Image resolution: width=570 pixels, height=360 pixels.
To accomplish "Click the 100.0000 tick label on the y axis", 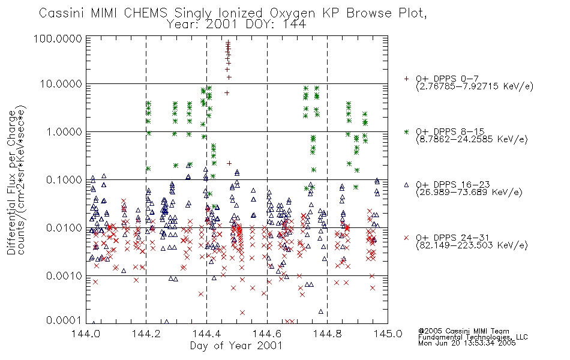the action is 58,38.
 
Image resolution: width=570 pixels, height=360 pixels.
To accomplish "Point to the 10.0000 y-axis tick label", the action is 61,84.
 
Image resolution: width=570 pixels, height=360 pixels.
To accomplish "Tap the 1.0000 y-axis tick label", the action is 64,131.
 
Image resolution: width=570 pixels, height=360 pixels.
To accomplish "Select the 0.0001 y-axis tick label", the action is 64,320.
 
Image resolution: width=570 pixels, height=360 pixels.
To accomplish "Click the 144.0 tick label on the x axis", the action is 86,334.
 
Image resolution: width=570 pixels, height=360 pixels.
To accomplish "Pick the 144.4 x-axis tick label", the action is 206,334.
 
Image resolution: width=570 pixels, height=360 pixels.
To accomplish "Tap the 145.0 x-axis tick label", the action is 388,334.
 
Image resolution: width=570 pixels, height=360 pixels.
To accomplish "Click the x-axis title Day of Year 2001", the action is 236,346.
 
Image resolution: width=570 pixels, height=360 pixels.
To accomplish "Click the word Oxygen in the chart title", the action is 292,13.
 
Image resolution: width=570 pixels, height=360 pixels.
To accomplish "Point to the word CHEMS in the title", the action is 145,13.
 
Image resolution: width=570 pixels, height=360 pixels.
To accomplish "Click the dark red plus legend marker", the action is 406,79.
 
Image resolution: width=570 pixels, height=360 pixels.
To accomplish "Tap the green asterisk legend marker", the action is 406,131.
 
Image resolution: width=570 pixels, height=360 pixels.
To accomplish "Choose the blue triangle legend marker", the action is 406,185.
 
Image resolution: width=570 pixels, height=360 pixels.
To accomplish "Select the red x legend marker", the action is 406,238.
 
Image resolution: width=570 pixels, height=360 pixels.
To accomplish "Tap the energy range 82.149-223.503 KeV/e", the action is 472,245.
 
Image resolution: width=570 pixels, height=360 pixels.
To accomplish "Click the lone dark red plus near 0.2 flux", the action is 229,163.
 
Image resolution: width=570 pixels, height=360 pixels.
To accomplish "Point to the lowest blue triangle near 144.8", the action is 320,311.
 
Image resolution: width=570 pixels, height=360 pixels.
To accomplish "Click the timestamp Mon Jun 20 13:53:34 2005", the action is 467,343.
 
